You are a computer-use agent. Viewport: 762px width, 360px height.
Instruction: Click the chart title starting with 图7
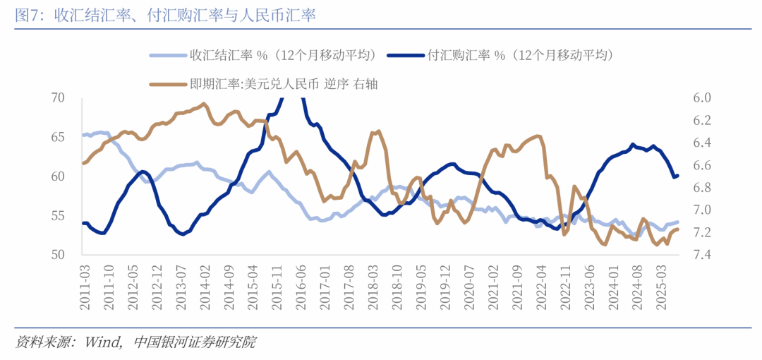(x=165, y=16)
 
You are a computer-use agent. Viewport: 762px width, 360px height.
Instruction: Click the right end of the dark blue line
(x=678, y=175)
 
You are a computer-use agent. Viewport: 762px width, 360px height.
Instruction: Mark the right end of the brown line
(x=678, y=229)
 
